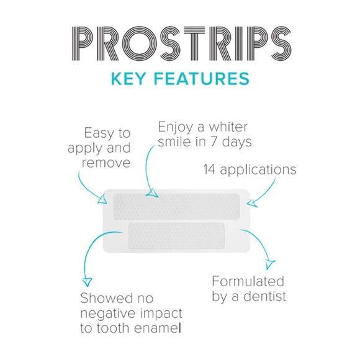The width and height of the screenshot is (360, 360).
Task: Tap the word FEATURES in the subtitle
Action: (200, 79)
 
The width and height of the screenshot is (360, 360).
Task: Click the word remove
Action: (107, 164)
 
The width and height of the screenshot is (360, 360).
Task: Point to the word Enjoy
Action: (176, 127)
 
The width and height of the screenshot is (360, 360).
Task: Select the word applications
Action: (260, 169)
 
